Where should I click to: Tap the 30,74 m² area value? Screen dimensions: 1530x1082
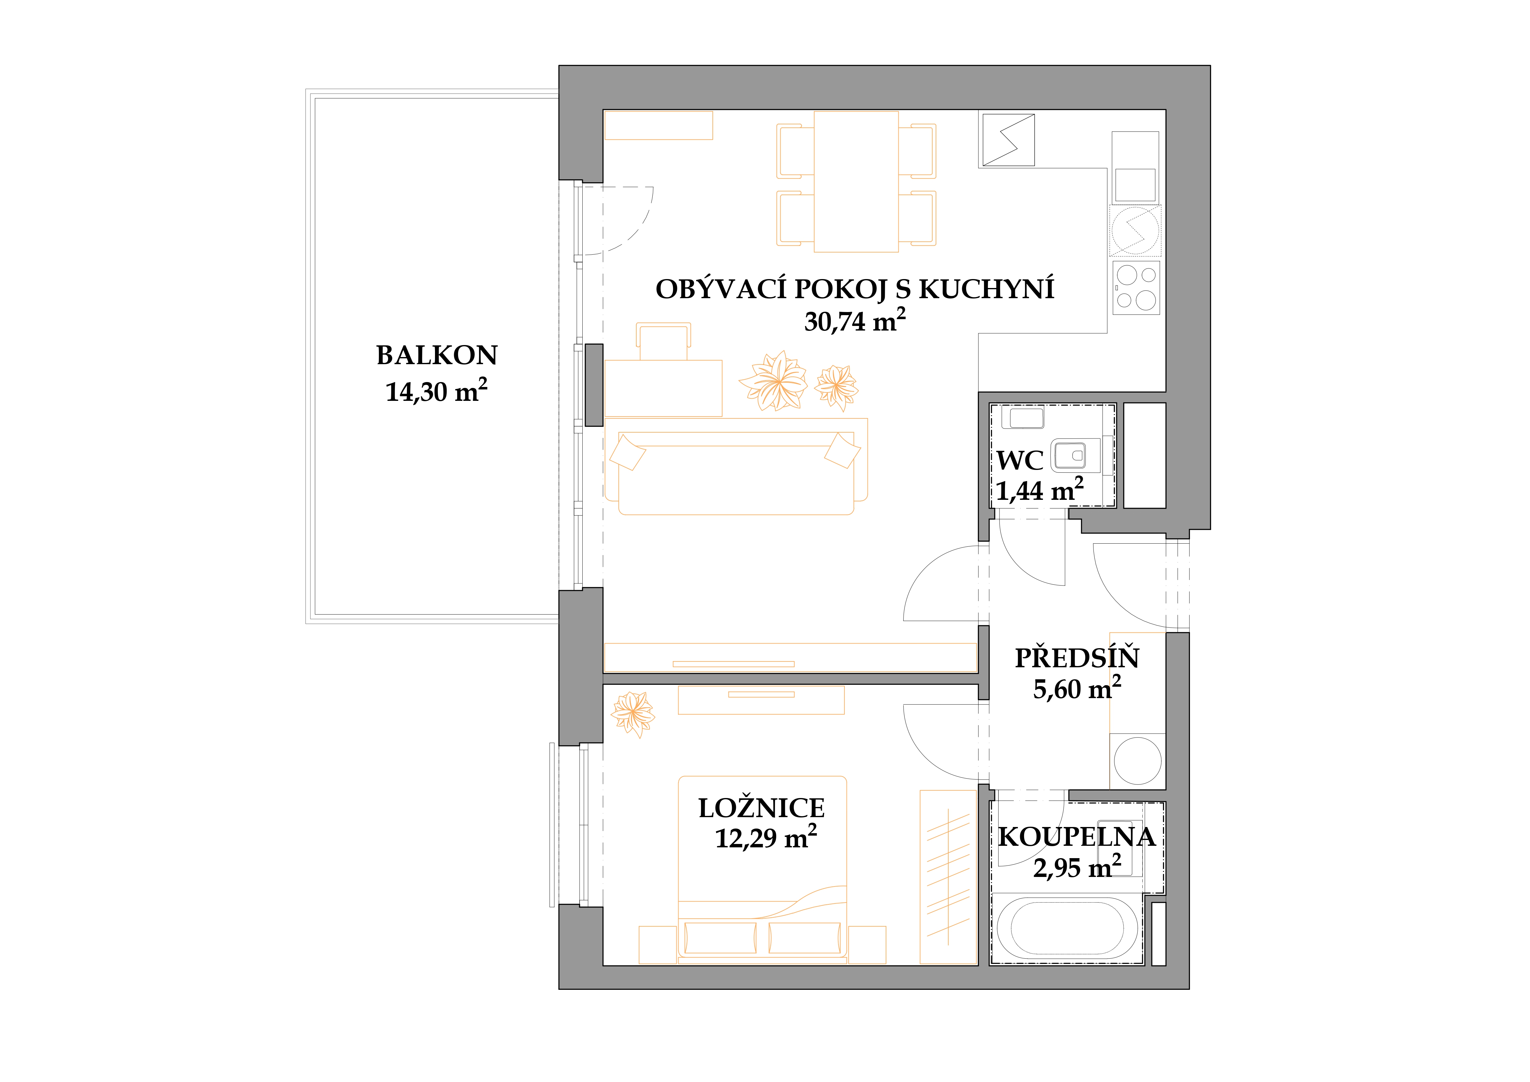(855, 321)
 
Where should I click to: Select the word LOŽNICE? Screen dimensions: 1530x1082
(762, 808)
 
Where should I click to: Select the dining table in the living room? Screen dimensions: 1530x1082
(856, 181)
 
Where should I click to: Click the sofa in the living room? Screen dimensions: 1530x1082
(736, 467)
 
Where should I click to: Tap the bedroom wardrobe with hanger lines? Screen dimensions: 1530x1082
(948, 877)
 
